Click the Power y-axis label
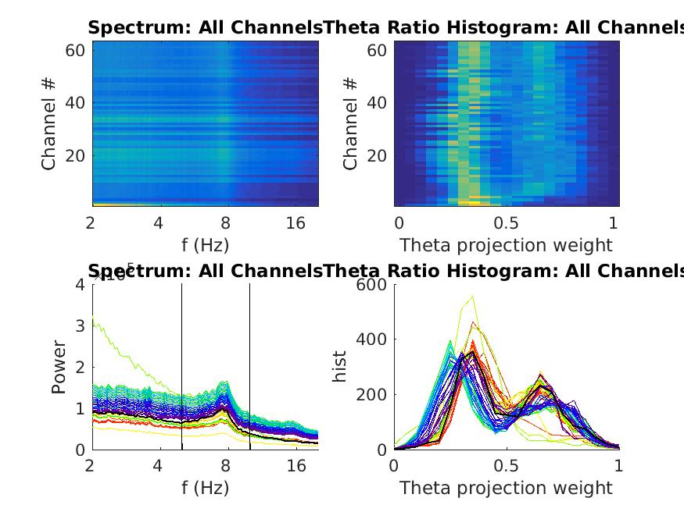[59, 367]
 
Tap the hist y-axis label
[340, 367]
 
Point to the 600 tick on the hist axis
[373, 285]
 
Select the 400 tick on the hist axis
[373, 340]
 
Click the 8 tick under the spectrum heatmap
[226, 223]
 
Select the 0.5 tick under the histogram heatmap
[507, 223]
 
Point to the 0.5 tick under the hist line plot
[507, 467]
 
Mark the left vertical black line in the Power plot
[182, 367]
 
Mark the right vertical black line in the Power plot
[250, 367]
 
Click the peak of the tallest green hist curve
[472, 296]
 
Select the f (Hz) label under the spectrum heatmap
[205, 245]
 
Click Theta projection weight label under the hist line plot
[507, 489]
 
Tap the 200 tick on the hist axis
[373, 394]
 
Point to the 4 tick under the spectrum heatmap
[159, 223]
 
